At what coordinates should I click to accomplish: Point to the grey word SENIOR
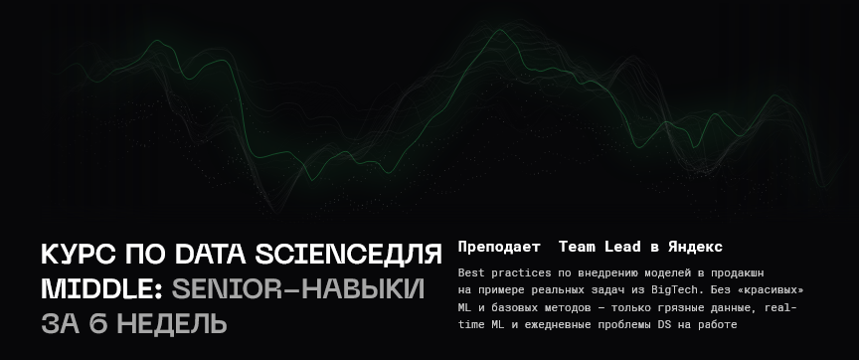tap(229, 289)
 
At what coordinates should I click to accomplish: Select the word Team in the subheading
tap(577, 247)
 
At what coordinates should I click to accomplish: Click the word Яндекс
tap(695, 247)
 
